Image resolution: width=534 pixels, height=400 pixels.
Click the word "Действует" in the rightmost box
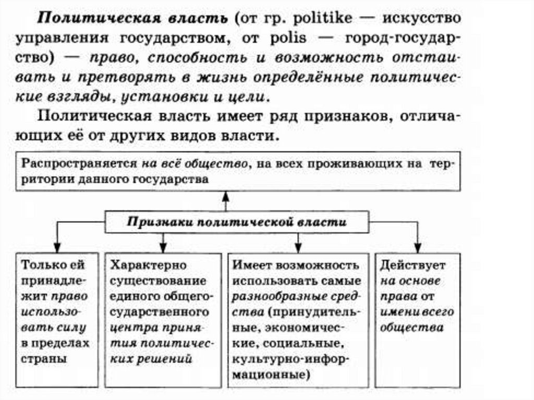click(x=412, y=265)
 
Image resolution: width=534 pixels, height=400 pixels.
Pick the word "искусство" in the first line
click(x=422, y=19)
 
